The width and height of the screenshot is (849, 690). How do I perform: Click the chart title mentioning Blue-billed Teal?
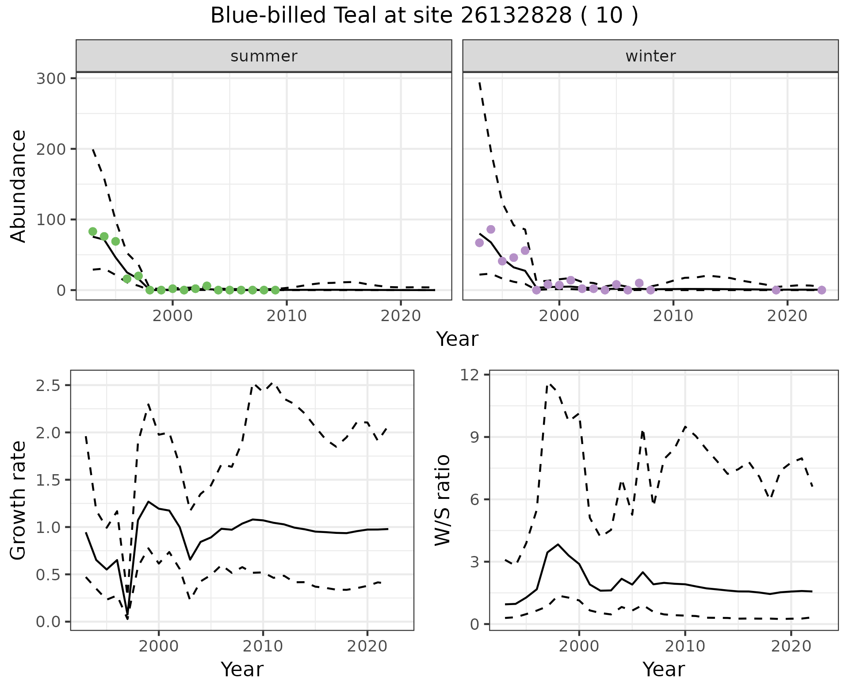(x=424, y=16)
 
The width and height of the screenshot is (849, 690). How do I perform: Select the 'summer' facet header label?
(x=264, y=56)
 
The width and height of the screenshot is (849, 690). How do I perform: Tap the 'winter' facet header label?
(x=650, y=56)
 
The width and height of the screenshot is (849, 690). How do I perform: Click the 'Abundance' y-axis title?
(x=19, y=186)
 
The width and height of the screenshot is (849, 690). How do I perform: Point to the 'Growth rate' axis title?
(x=19, y=501)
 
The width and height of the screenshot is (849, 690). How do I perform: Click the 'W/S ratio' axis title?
(x=442, y=500)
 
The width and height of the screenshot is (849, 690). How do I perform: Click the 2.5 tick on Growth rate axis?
(x=49, y=385)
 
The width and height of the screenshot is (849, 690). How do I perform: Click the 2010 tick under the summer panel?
(x=287, y=316)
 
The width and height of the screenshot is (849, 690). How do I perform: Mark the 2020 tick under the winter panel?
(x=787, y=316)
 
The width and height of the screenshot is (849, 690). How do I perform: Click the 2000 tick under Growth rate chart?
(x=159, y=647)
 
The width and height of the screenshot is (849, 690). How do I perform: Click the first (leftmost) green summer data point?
(x=93, y=231)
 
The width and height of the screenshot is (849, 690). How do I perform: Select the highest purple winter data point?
(x=491, y=229)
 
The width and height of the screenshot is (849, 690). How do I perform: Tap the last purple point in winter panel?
(x=822, y=290)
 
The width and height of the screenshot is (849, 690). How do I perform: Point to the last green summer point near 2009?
(x=275, y=290)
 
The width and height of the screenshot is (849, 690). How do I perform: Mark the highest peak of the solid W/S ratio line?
(x=558, y=544)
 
